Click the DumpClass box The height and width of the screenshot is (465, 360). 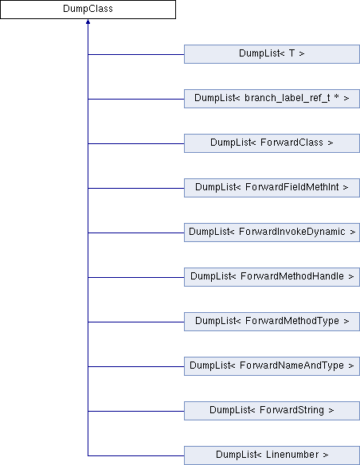pos(88,10)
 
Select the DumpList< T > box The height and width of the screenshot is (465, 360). pos(272,54)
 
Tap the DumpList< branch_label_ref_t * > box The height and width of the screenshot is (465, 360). pos(272,99)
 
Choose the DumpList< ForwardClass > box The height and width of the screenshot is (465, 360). pos(272,143)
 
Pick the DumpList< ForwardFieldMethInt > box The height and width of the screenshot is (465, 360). pos(272,188)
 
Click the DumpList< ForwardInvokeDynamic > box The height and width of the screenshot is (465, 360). pos(272,232)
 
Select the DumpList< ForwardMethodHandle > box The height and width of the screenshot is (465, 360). pos(272,277)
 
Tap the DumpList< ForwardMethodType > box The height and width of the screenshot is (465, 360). pos(272,322)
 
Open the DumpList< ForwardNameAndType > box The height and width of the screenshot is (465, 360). pos(272,366)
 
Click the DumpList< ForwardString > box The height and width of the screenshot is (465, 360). pos(272,411)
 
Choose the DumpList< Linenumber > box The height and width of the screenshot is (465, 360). pos(272,455)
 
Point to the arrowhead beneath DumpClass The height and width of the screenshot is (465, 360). pos(88,21)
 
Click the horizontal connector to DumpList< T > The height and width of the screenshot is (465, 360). pos(136,54)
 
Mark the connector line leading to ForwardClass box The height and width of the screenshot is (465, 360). pos(136,143)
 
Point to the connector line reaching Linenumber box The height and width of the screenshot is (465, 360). pos(136,455)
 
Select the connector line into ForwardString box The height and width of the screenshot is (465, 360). pos(136,411)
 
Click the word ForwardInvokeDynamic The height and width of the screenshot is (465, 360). pos(292,232)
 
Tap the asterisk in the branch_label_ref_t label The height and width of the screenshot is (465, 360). pos(336,96)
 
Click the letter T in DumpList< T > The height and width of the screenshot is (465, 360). pos(292,53)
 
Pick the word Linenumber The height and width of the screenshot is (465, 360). pos(292,455)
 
